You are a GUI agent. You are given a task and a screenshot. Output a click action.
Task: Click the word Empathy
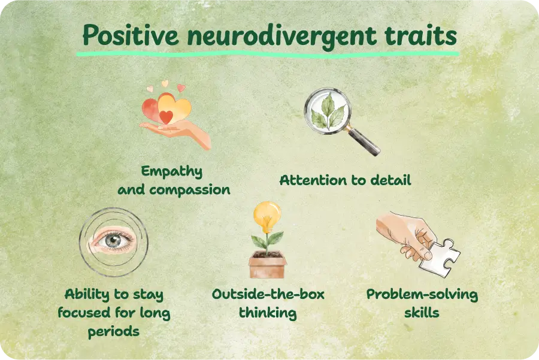click(172, 172)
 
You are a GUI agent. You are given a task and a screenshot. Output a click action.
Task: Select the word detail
click(391, 180)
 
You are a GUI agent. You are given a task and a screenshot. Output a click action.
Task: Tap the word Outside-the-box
click(268, 295)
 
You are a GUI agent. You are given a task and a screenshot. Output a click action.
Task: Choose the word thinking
click(268, 313)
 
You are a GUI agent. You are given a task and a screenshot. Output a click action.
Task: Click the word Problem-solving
click(422, 295)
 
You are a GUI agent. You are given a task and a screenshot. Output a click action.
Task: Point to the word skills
click(422, 313)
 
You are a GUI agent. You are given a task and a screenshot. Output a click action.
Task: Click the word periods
click(114, 331)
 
